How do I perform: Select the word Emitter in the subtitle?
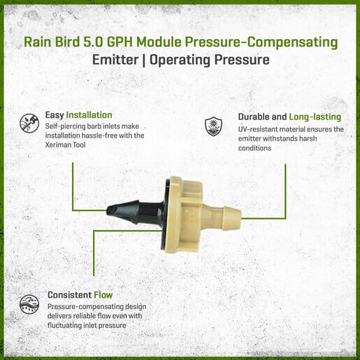tap(115, 60)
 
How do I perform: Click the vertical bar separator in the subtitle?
tap(143, 60)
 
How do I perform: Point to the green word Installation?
tap(89, 115)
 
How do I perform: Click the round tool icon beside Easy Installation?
tap(29, 123)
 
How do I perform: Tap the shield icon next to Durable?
tap(213, 127)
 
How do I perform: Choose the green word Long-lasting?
tap(315, 117)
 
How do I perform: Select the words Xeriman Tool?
tap(65, 145)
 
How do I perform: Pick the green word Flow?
tap(103, 295)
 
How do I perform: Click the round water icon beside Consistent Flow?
tap(29, 304)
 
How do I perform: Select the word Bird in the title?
tap(67, 42)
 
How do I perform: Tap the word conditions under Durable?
tap(254, 148)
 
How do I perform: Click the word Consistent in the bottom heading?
tap(69, 295)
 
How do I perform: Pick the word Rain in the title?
tap(38, 42)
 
